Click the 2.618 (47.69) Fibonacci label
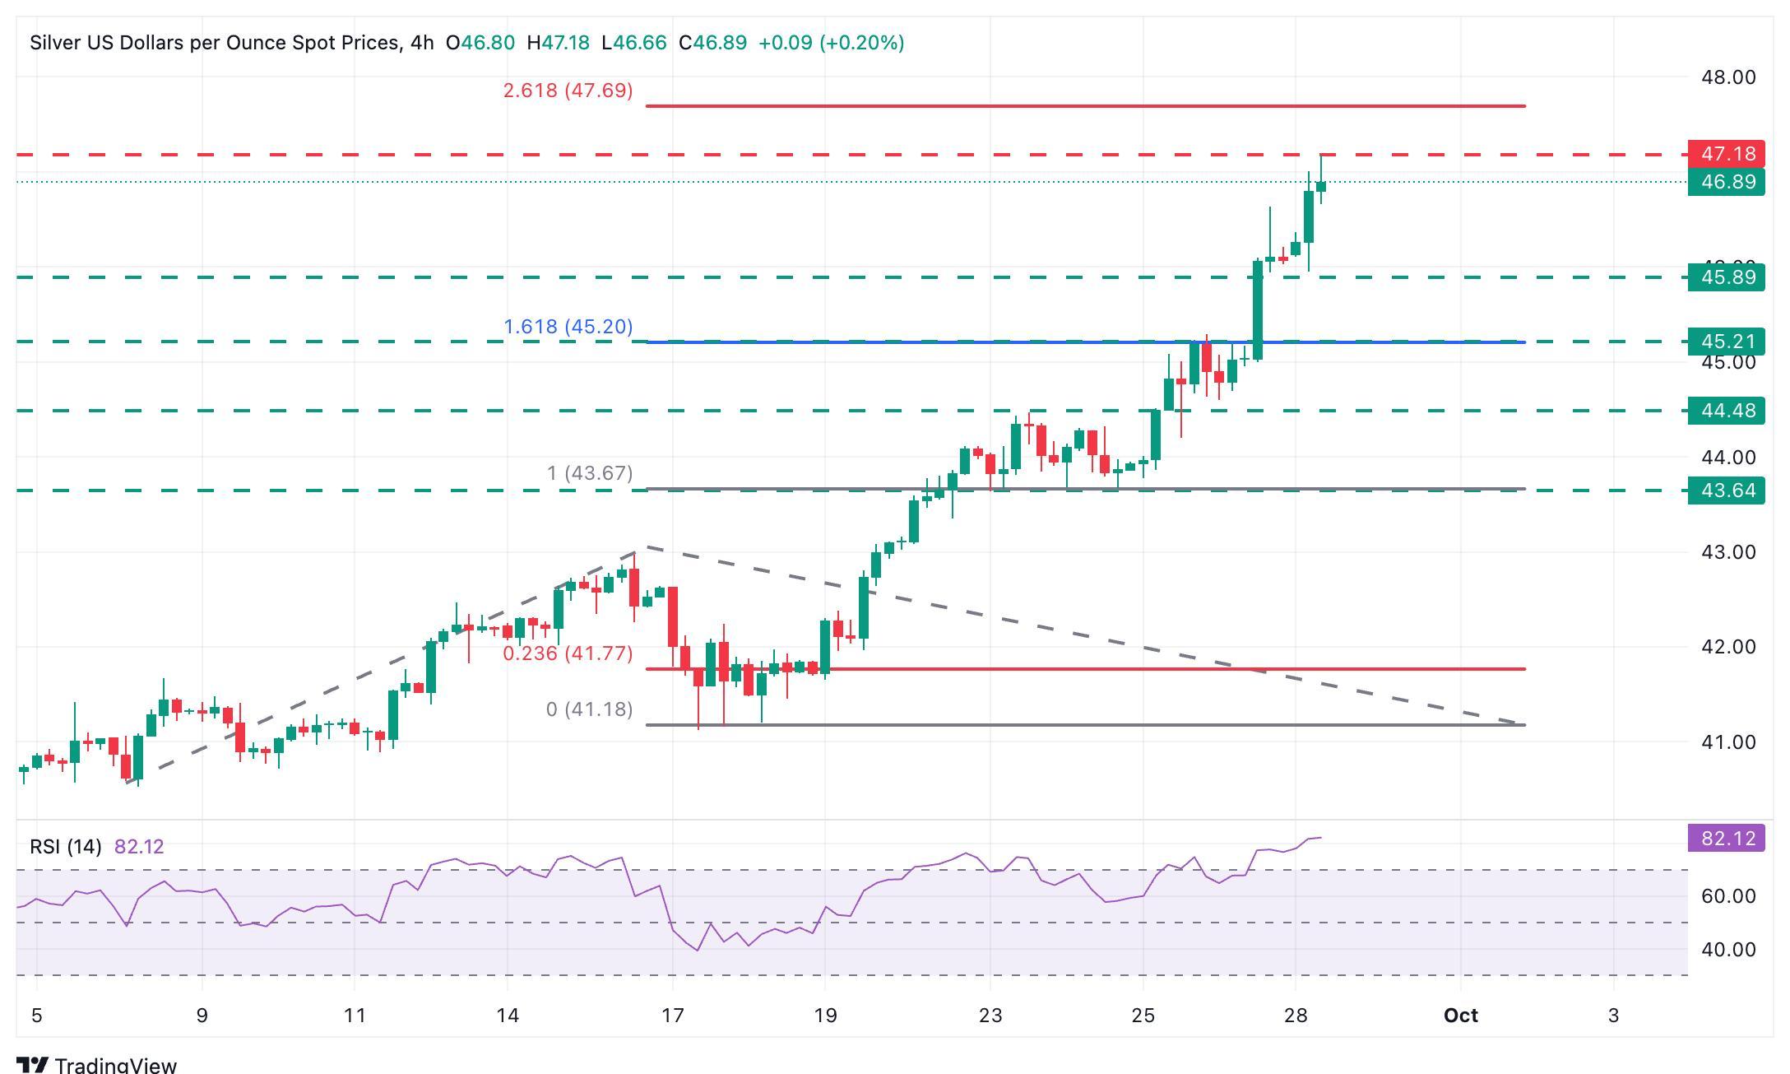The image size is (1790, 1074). pos(568,91)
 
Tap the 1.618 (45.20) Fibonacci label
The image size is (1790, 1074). pos(568,327)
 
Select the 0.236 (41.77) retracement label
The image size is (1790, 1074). pos(568,653)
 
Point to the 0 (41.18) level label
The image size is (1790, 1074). pos(589,709)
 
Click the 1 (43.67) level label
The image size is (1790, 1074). pos(590,473)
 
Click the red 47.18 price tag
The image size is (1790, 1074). pos(1726,154)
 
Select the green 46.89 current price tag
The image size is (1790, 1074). pos(1726,182)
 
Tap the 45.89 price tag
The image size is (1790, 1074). pos(1726,277)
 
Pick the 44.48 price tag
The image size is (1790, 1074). pos(1726,411)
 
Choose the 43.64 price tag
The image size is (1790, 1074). pos(1726,491)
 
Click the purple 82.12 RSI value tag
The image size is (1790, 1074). pos(1726,839)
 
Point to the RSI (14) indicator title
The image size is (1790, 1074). pos(66,847)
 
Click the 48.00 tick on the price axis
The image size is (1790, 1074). pos(1728,77)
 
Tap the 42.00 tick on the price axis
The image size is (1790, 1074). pos(1728,647)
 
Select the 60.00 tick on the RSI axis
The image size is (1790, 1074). pos(1728,896)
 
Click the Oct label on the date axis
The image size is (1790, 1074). pos(1461,1016)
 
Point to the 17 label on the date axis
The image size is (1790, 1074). pos(673,1016)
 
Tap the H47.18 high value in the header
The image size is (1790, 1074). pos(558,43)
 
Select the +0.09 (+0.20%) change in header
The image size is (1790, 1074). pos(831,43)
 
